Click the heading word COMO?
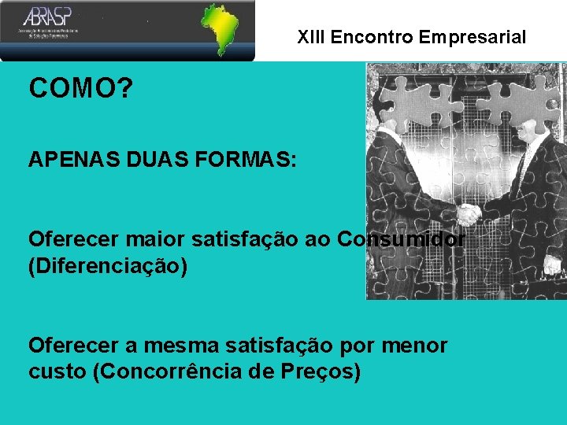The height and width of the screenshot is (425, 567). click(80, 89)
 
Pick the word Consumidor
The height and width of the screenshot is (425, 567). click(400, 238)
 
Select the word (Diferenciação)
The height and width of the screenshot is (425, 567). click(108, 267)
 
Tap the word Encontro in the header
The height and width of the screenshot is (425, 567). click(372, 37)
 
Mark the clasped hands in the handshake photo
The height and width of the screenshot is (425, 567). click(469, 213)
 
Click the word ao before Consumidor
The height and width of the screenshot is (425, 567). click(317, 238)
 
